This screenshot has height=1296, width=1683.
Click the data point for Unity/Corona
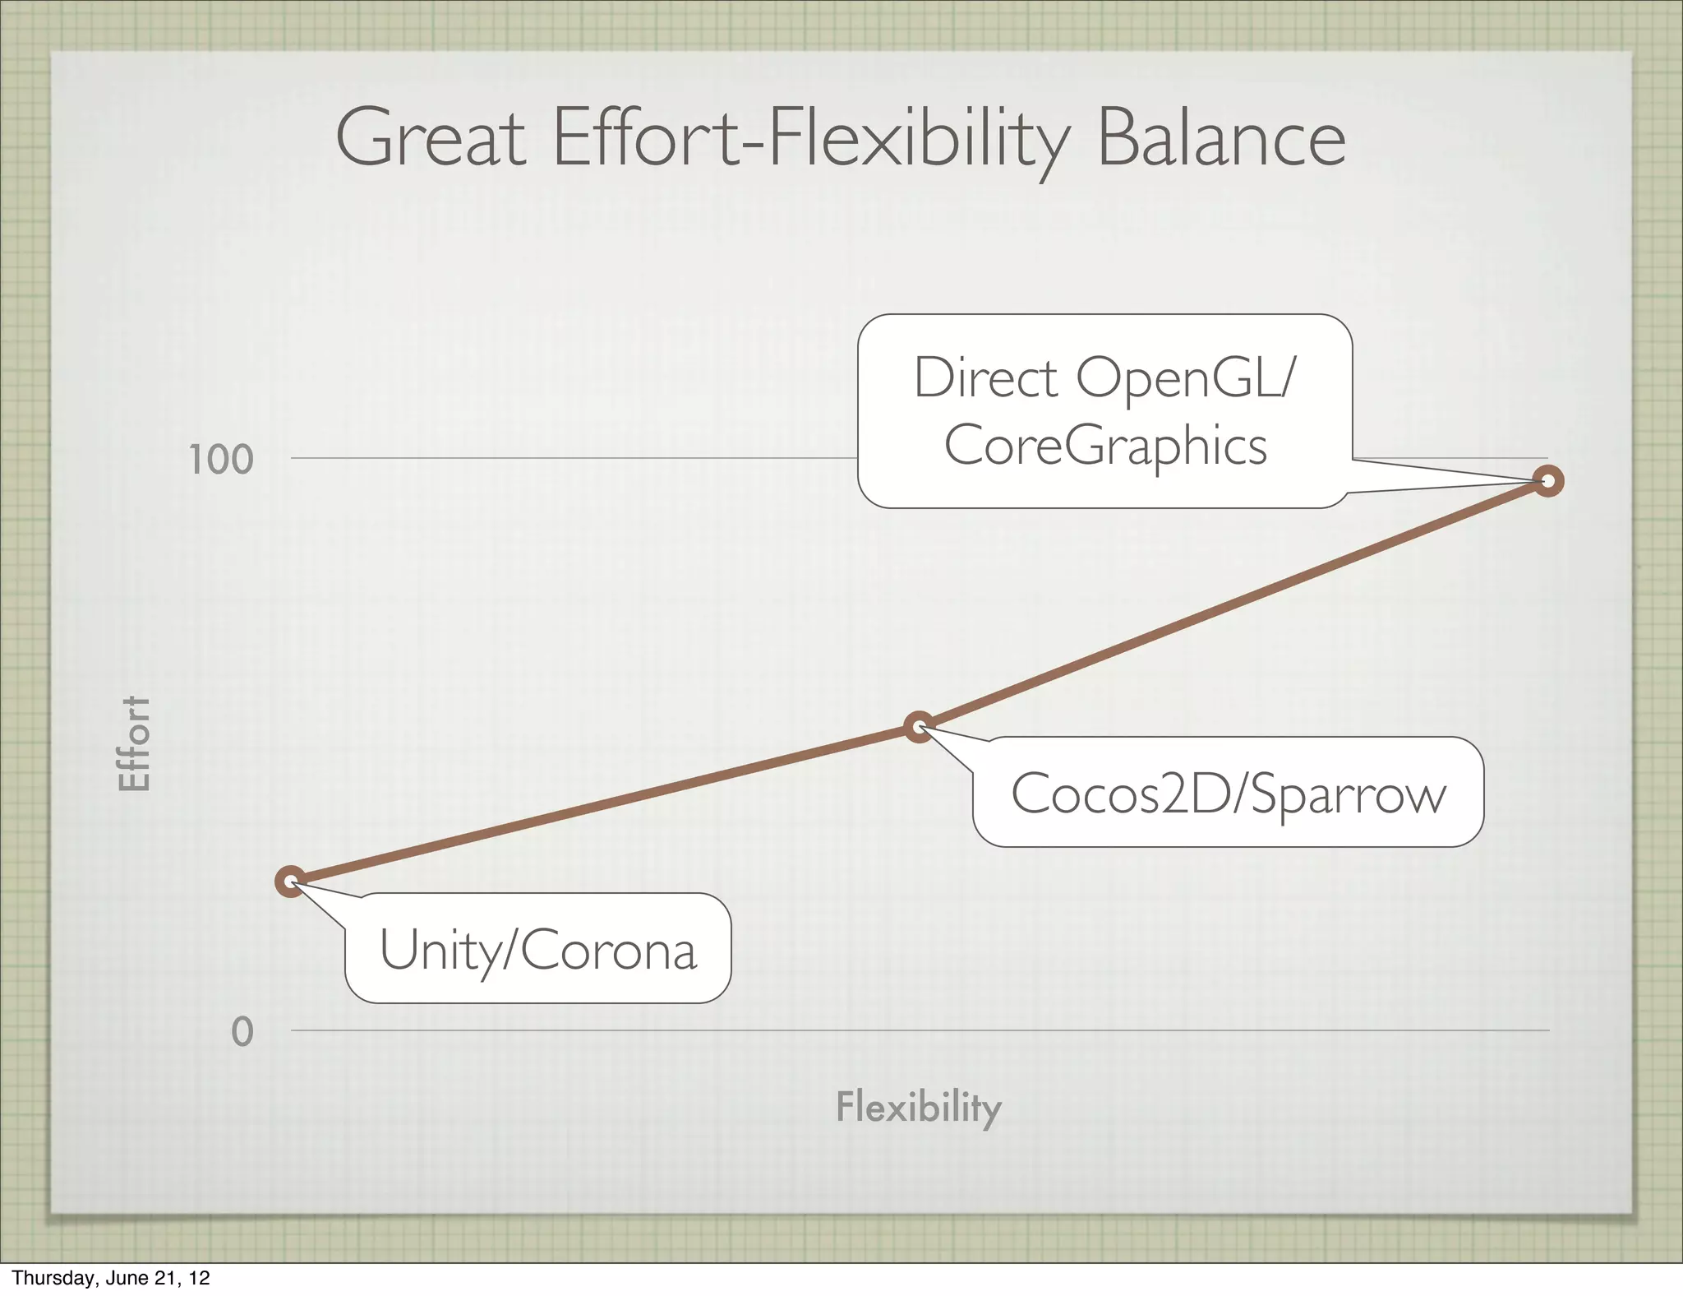(291, 882)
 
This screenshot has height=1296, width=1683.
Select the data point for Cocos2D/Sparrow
(920, 726)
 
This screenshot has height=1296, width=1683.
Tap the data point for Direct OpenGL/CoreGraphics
(1548, 481)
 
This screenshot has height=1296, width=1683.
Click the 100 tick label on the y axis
(221, 460)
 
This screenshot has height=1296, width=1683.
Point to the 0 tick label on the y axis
(242, 1031)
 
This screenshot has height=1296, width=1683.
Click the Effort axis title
(135, 743)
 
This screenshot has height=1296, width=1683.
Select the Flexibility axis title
(919, 1107)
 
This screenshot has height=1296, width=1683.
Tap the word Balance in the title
(1221, 139)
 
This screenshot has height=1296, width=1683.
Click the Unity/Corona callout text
(538, 950)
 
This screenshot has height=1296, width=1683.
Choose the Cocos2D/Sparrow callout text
(1229, 794)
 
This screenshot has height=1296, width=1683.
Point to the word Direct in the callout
(985, 378)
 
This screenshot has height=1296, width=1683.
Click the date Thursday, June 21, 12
(111, 1278)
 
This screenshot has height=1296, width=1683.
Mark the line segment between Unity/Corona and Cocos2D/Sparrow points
(605, 804)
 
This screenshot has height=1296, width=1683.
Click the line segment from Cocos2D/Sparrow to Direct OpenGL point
(1233, 604)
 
